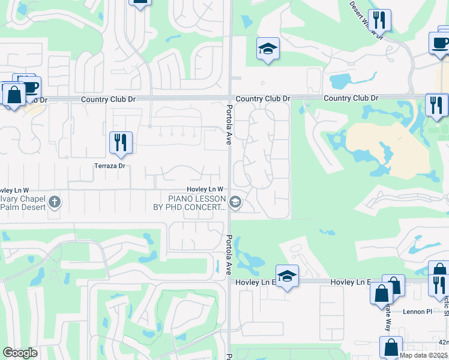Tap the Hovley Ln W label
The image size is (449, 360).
point(205,189)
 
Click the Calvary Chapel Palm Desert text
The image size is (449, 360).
point(23,203)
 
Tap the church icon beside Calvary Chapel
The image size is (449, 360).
point(55,202)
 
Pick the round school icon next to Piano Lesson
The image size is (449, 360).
point(235,203)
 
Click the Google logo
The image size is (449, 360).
point(20,353)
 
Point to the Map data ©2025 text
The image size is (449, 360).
point(423,355)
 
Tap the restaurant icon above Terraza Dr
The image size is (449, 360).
point(121,142)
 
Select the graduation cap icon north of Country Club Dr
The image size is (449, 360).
point(268,49)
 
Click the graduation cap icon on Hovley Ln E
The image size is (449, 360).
point(288,275)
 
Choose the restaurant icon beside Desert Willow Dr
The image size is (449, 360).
point(379,20)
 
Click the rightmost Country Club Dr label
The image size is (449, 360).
point(351,98)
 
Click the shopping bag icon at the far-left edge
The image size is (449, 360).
point(13,94)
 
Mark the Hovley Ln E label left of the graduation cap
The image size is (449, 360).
point(254,281)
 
